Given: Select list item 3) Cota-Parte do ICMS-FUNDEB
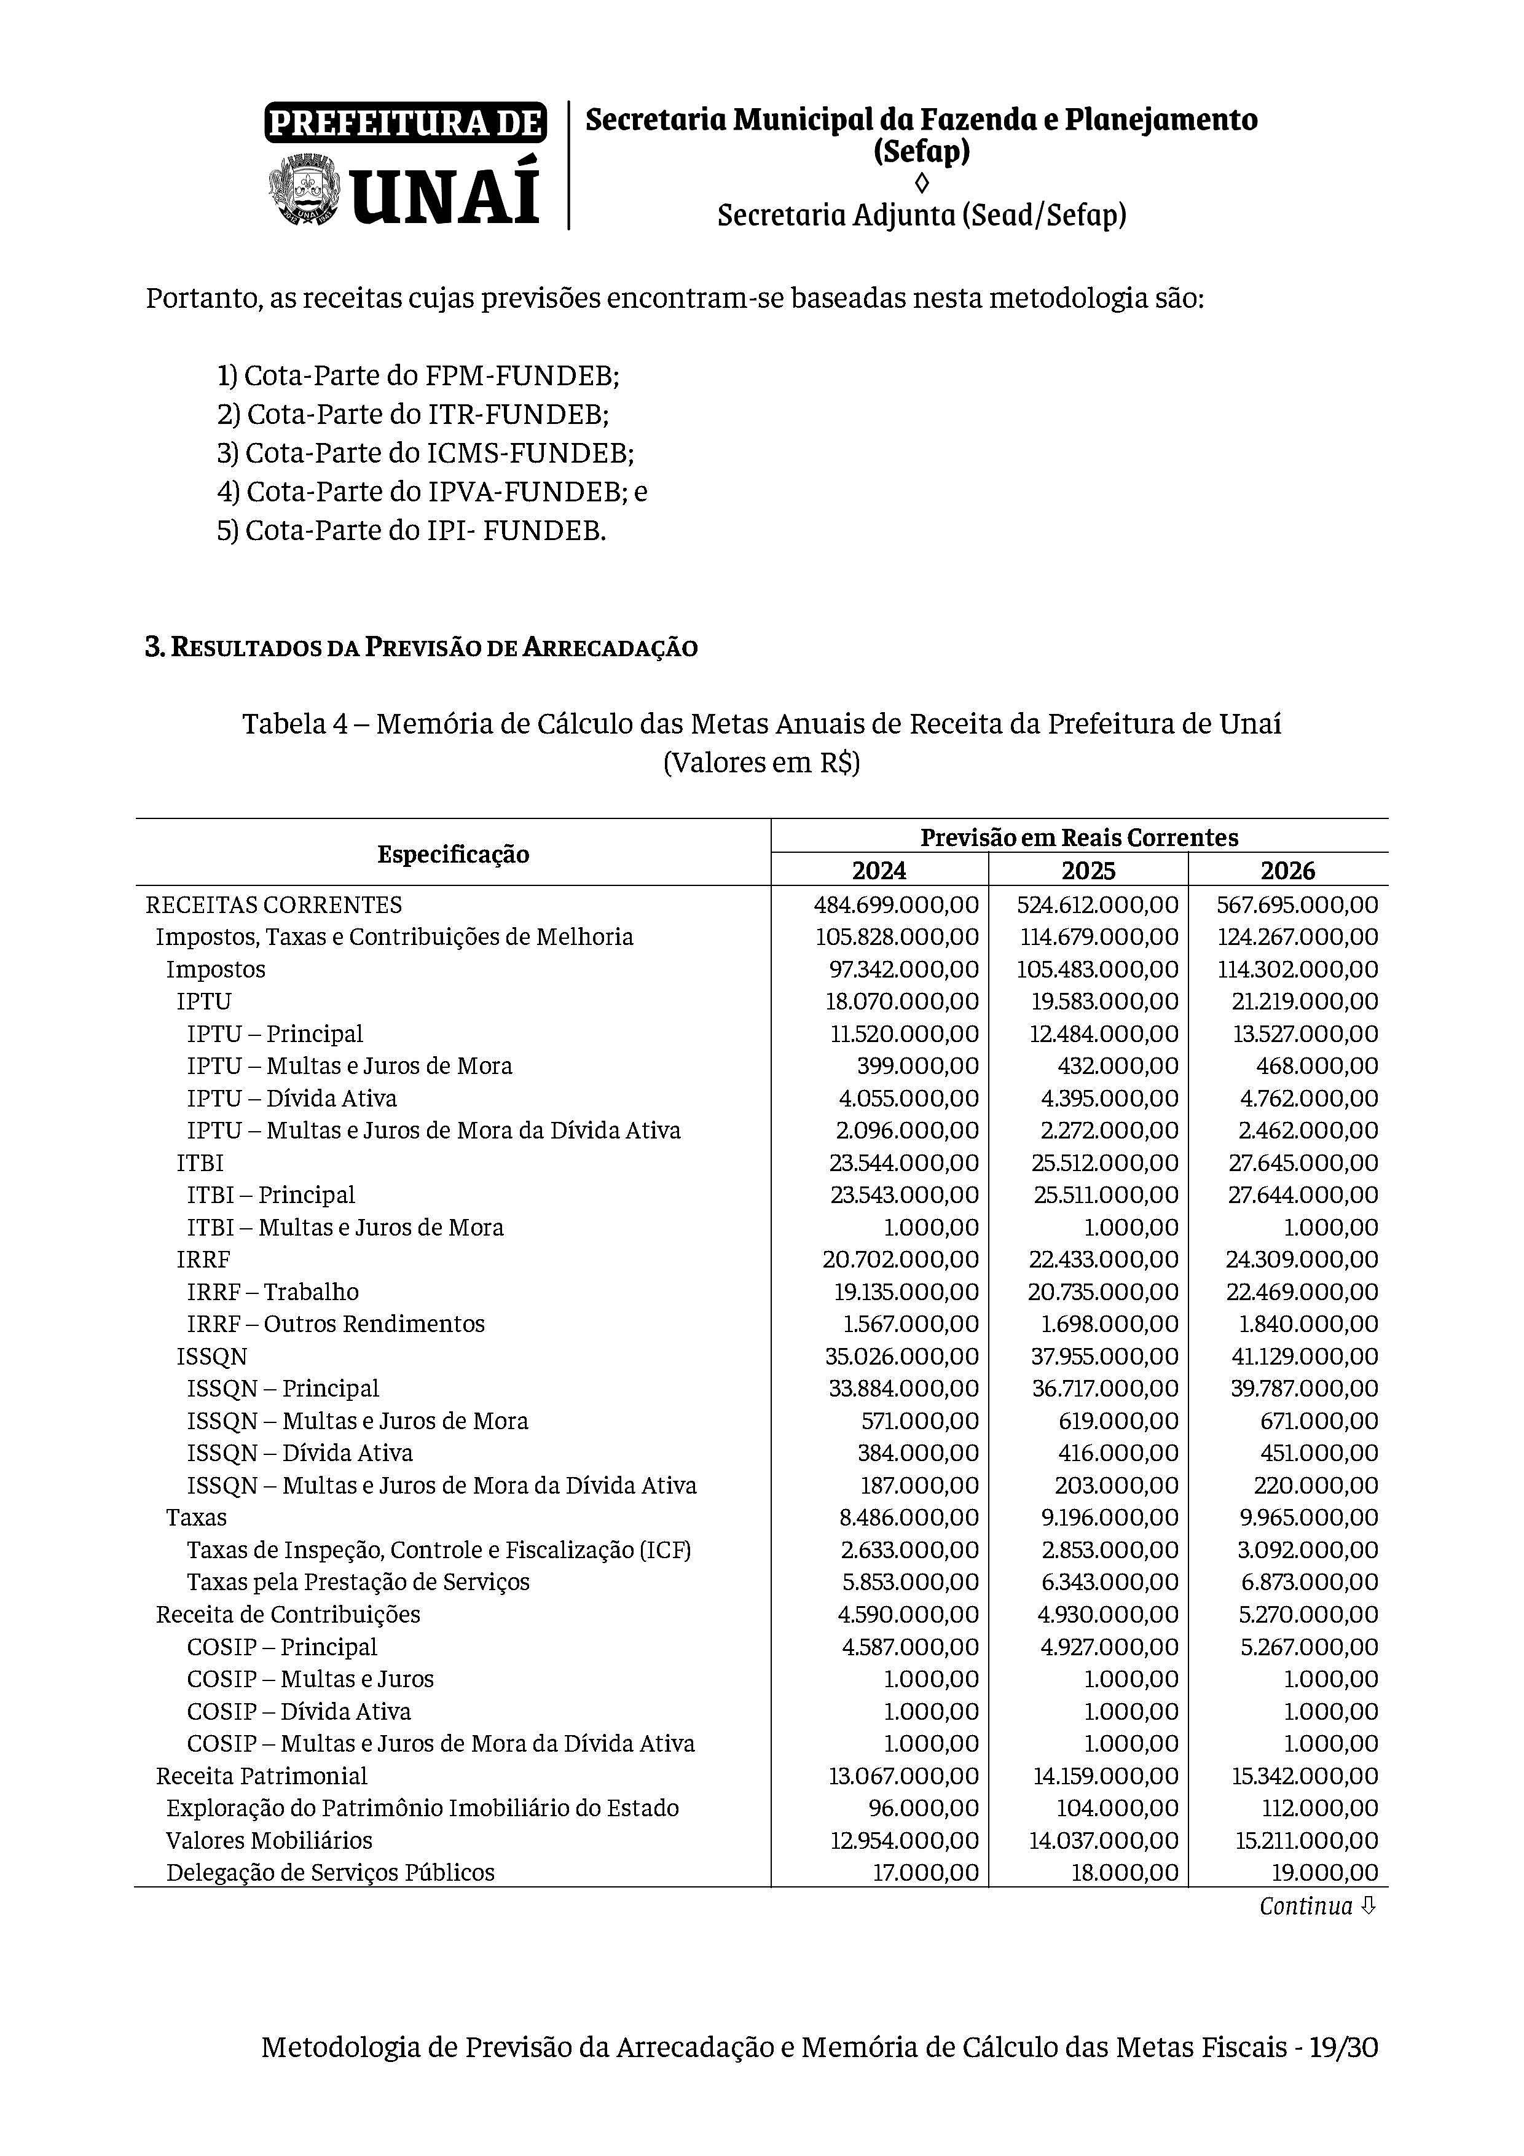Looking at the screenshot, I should coord(425,453).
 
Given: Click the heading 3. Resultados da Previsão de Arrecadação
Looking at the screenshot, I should coord(421,648).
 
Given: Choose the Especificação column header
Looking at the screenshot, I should coord(453,853).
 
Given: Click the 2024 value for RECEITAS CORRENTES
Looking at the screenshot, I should coord(896,905).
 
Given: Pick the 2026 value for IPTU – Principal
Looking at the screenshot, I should coord(1305,1034).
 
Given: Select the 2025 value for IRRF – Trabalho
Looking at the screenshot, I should coord(1102,1292).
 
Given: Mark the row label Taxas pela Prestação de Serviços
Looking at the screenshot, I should coord(358,1582).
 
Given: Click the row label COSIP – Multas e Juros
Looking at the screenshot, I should coord(310,1679).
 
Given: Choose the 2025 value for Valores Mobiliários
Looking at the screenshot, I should coord(1103,1840).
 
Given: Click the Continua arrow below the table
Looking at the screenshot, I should coord(1367,1906).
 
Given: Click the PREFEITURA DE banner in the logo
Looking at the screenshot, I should coord(406,123).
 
